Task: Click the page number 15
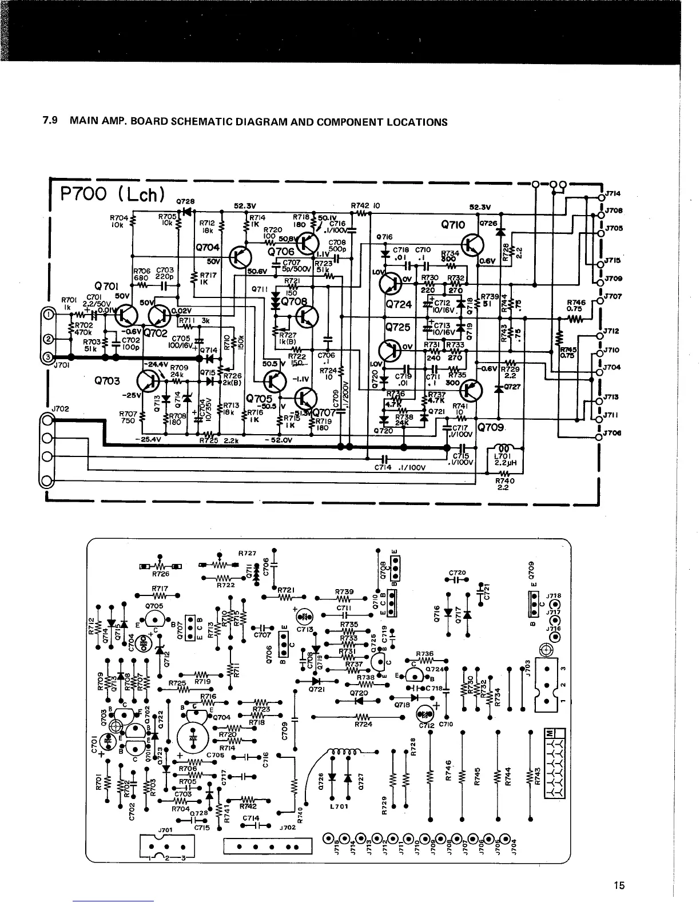point(619,885)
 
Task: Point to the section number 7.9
point(53,122)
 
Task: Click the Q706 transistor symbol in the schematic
point(308,245)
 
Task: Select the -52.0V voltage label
point(279,440)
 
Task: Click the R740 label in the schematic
point(504,480)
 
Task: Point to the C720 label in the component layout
point(458,572)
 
